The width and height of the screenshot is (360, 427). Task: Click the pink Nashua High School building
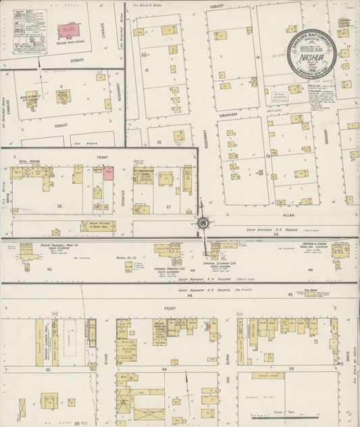[68, 30]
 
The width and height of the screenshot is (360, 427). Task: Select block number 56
[60, 206]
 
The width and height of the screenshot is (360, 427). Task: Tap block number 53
[48, 370]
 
